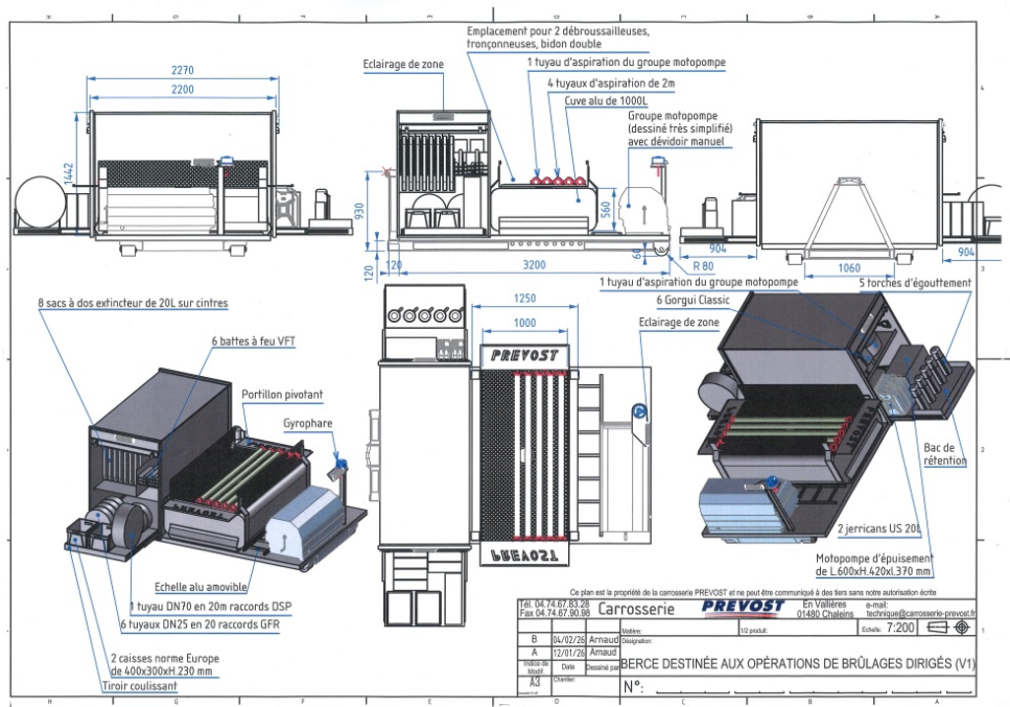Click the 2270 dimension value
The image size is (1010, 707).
[x=180, y=70]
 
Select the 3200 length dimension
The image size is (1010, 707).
[x=534, y=265]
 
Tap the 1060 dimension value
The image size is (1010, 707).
[x=848, y=268]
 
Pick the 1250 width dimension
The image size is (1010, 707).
[x=525, y=299]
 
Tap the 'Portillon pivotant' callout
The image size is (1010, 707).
[x=283, y=395]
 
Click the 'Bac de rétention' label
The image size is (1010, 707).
[x=945, y=454]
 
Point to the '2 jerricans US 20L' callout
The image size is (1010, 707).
[x=879, y=530]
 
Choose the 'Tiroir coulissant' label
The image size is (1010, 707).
[x=140, y=686]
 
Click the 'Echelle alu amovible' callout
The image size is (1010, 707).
[x=200, y=587]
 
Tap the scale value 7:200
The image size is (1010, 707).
[x=900, y=627]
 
